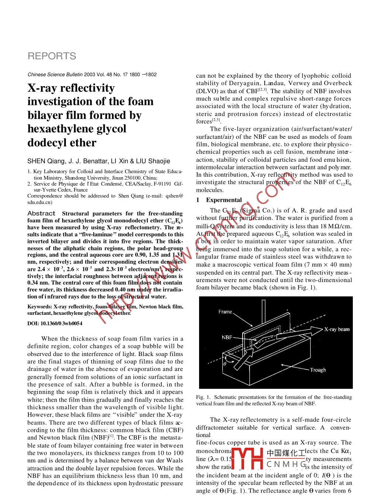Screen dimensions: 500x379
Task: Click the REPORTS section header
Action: [x=52, y=56]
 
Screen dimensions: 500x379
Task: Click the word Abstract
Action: [x=41, y=214]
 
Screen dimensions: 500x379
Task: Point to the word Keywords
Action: [x=39, y=307]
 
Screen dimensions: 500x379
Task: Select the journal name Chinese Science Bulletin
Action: [x=55, y=75]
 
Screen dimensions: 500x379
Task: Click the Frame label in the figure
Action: [x=225, y=312]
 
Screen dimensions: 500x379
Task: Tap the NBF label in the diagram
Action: [x=227, y=337]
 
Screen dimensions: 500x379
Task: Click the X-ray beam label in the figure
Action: [x=337, y=329]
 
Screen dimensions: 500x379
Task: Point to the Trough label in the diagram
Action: [x=318, y=370]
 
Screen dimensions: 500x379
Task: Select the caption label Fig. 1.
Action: [x=203, y=397]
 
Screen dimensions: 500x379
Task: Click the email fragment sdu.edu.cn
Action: [x=39, y=202]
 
